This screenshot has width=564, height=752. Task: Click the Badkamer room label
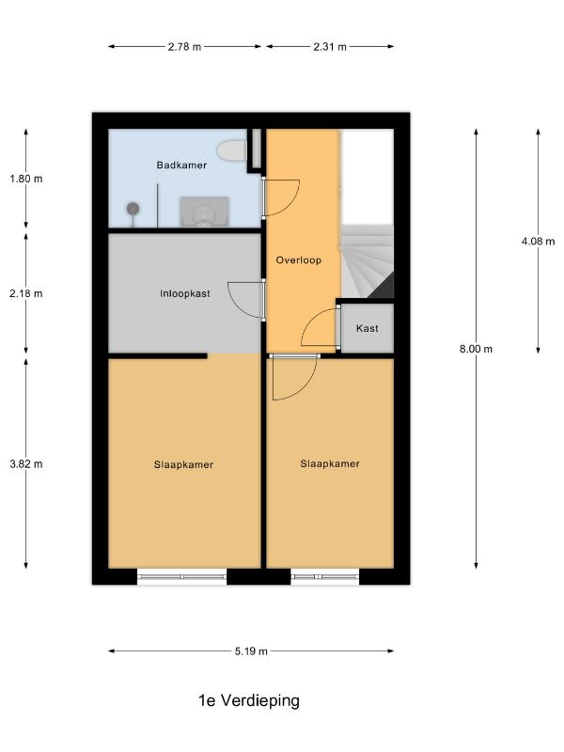tap(181, 165)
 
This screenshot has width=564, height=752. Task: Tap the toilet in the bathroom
tap(232, 150)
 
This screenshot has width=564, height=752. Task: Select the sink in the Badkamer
tap(204, 211)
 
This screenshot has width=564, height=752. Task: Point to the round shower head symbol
tap(133, 209)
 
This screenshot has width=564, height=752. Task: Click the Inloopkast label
tap(185, 293)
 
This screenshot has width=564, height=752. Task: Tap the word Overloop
tap(298, 260)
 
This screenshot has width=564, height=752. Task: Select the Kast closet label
tap(367, 328)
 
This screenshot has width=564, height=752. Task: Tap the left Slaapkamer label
tap(183, 464)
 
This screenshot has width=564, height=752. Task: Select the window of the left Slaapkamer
tap(181, 576)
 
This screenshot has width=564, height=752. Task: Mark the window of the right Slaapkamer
tap(325, 576)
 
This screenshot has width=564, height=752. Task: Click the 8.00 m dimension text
tap(476, 349)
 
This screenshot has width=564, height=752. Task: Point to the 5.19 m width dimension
tap(251, 651)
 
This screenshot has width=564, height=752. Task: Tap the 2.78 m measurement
tap(184, 47)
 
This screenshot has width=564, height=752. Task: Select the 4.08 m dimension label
tap(538, 241)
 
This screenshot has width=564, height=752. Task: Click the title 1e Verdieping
tap(249, 700)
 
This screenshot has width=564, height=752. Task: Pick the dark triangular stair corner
tap(384, 289)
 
